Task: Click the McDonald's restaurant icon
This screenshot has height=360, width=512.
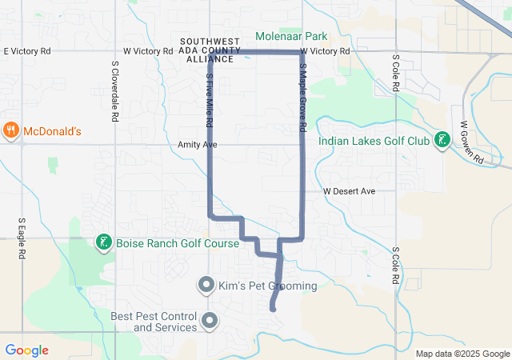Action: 11,130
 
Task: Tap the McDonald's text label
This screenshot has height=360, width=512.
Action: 52,130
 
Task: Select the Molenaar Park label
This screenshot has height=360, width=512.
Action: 292,36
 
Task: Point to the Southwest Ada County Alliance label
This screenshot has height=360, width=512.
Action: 210,49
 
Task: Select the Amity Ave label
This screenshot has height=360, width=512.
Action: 198,145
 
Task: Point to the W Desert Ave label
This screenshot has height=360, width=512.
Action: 349,192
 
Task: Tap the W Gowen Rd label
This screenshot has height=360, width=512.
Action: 472,143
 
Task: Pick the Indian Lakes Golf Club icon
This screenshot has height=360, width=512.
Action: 441,142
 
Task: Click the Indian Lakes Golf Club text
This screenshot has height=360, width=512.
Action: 374,142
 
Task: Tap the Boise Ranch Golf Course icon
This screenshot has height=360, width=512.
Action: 103,242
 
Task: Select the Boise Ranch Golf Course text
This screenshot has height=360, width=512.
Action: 177,243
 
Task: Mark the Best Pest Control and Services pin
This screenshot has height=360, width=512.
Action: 210,322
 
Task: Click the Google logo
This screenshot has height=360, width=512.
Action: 26,350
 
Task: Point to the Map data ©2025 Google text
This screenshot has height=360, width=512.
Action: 462,354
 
